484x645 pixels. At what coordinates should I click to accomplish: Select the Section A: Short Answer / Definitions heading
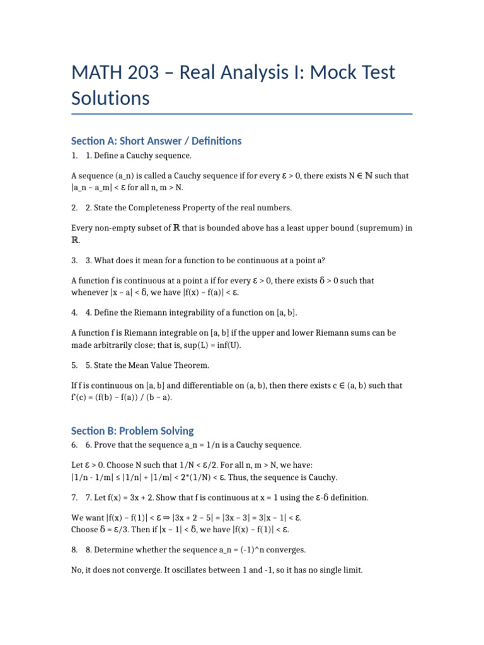click(x=156, y=141)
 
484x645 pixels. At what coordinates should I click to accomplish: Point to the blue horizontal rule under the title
click(x=242, y=114)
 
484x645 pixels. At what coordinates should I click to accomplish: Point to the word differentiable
click(x=221, y=385)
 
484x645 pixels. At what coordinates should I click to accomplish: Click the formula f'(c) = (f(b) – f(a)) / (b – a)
click(x=121, y=397)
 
